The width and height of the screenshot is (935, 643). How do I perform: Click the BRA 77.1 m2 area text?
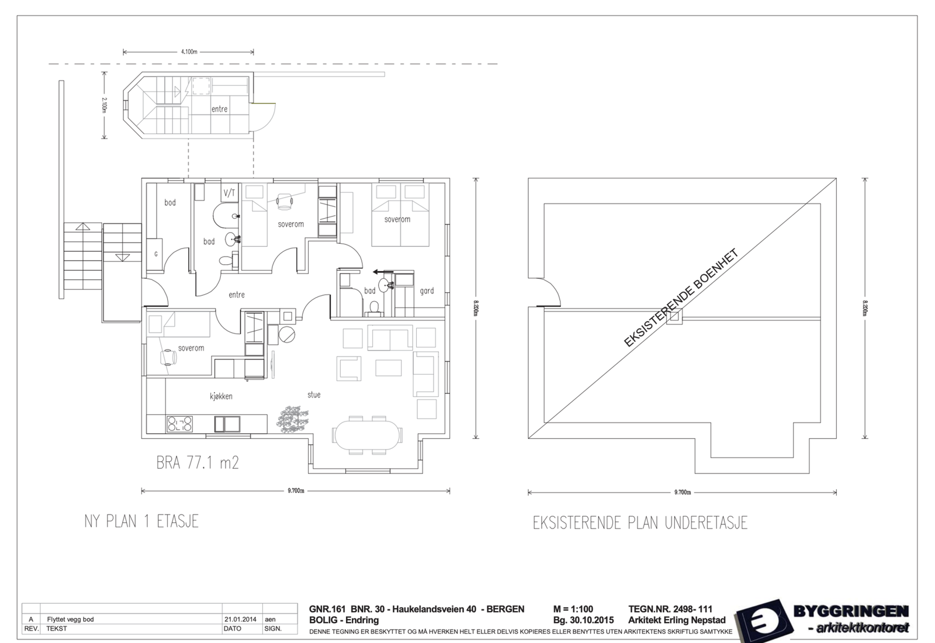(198, 463)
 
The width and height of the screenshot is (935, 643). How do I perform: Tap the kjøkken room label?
(221, 396)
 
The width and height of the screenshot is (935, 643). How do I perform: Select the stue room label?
(314, 395)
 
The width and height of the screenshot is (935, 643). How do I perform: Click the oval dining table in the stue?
(367, 435)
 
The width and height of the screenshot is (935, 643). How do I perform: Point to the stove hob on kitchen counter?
(179, 424)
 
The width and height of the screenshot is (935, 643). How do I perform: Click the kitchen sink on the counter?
(227, 424)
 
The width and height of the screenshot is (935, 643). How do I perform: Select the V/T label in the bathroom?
(229, 193)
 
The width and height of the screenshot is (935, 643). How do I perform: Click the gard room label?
(427, 291)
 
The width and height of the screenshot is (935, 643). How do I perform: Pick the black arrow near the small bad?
(382, 271)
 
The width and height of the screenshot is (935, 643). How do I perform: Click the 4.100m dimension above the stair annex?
(189, 51)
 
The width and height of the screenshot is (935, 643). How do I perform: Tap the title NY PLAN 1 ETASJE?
(141, 521)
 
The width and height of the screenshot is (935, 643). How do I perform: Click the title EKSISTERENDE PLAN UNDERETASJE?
(640, 523)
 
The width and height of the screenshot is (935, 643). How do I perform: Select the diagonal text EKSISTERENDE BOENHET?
(681, 298)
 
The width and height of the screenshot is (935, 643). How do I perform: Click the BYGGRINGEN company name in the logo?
(850, 612)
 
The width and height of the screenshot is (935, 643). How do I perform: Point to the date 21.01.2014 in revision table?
(240, 619)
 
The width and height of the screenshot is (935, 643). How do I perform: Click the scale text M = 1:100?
(573, 609)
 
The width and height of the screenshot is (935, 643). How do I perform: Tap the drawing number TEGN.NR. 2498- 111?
(670, 609)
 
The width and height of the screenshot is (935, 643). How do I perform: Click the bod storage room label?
(170, 203)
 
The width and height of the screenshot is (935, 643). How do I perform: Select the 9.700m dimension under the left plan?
(296, 491)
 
